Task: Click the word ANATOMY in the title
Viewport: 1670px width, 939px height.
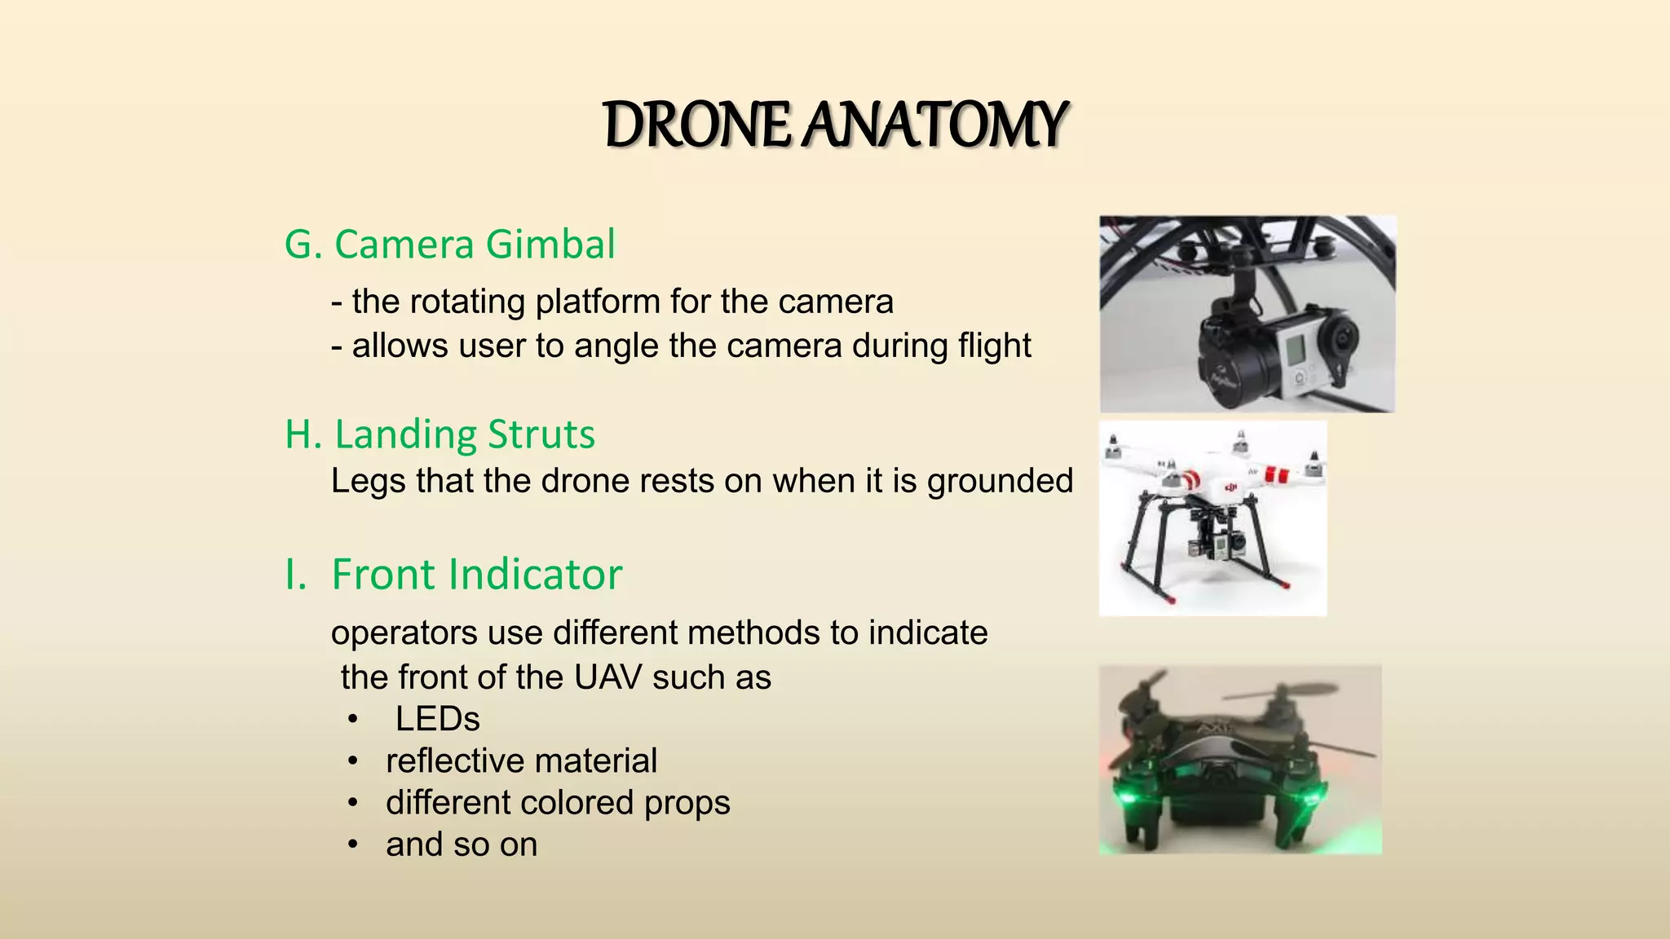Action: coord(934,126)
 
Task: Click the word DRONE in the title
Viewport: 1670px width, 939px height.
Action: coord(696,126)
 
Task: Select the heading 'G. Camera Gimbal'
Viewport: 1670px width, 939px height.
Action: coord(449,245)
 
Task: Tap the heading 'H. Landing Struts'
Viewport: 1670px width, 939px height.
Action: coord(440,434)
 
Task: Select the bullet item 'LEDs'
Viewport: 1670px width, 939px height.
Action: coord(437,719)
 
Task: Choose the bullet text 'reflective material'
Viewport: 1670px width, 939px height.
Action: coord(521,761)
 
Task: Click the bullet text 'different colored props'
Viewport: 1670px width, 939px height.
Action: coord(558,803)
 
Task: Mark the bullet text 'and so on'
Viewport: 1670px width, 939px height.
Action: coord(462,845)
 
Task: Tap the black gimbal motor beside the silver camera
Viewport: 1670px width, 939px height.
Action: coord(1231,359)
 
